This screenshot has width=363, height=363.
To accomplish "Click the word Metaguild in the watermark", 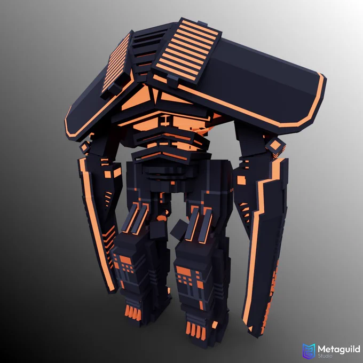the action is pos(339,349).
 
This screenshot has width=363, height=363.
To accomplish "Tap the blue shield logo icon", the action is pos(309,351).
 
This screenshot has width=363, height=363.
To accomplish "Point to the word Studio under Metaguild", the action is pos(325,356).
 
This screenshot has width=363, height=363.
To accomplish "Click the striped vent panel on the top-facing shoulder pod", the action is pos(187,50).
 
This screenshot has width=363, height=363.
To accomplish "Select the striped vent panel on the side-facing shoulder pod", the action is pos(116,63).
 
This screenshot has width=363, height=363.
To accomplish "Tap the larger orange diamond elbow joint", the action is pos(275,146).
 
